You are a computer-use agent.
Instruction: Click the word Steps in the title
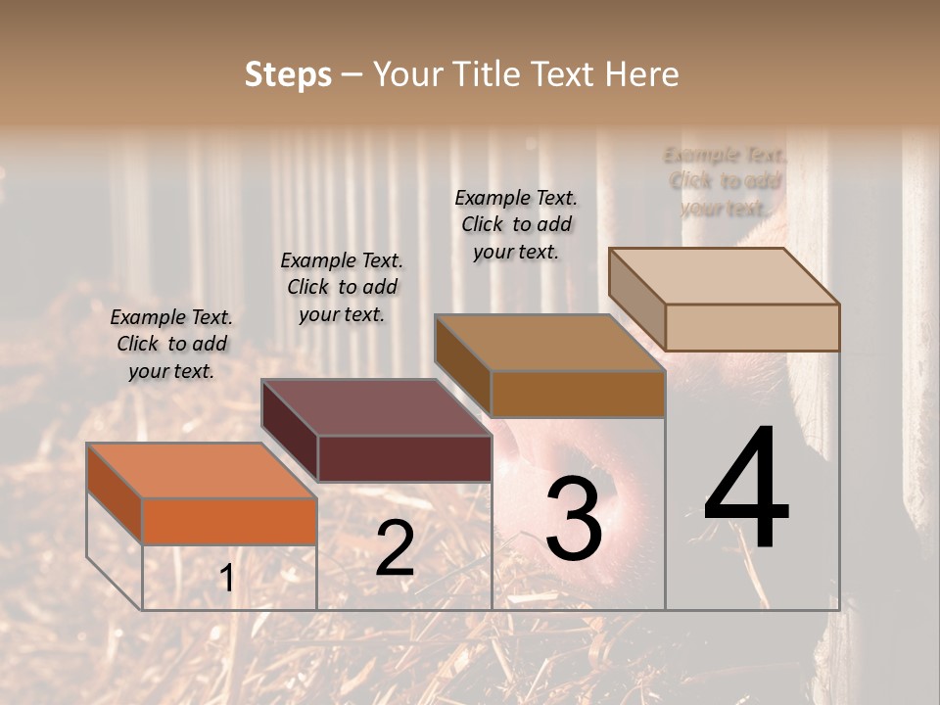point(288,74)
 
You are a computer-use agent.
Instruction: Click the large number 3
point(574,519)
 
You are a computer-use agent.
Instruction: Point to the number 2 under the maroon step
point(395,548)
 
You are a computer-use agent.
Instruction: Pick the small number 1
point(226,579)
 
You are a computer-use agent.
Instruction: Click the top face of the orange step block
point(201,471)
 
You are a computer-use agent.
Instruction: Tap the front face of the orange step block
point(230,521)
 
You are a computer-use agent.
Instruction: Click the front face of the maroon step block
point(404,458)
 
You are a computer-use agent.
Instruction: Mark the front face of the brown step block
point(578,394)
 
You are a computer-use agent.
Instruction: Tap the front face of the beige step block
point(752,327)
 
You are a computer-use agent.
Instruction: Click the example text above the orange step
point(171,344)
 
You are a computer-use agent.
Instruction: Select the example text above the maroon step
point(342,287)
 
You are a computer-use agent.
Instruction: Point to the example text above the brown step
point(516,224)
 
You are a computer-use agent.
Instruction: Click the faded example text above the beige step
point(725,181)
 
